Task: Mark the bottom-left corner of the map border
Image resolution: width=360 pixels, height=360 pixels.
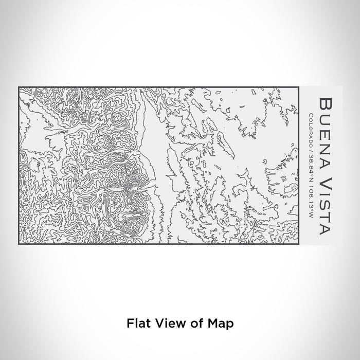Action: pyautogui.click(x=19, y=243)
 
